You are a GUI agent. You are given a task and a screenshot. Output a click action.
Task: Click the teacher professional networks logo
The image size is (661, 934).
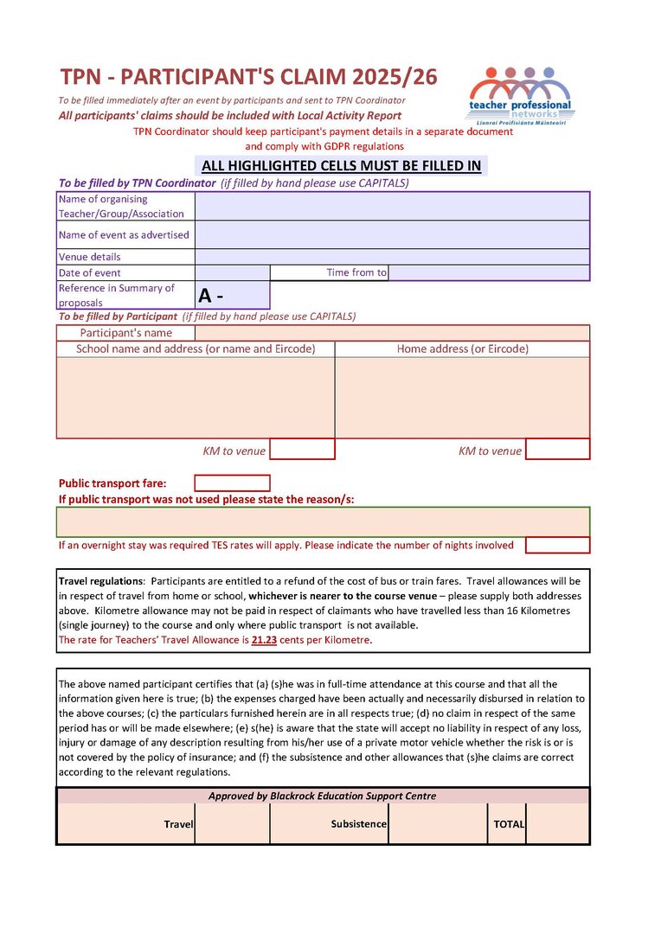pos(521,96)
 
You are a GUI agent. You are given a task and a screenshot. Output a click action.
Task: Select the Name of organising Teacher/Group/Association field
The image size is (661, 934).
pos(392,206)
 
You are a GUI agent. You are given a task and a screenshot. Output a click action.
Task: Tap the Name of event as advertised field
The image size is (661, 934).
pos(392,234)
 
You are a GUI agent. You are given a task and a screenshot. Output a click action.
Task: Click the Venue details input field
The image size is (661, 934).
pos(392,257)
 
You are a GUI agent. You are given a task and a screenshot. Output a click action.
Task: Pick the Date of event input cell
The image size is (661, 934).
pos(232,272)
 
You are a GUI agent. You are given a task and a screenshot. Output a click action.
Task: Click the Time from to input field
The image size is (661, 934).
pos(489,272)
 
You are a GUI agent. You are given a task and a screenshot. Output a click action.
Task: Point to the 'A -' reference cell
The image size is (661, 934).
pos(232,296)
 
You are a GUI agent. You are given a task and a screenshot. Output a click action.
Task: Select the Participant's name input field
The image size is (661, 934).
pos(392,333)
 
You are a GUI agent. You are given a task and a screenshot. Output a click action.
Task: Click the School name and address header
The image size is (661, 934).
pos(196,349)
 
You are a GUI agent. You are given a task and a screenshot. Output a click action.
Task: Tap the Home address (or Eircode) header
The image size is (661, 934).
pos(462,349)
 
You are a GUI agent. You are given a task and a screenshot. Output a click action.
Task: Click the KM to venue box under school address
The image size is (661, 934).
pos(302,450)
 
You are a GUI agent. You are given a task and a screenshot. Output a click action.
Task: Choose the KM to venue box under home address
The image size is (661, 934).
pos(557,450)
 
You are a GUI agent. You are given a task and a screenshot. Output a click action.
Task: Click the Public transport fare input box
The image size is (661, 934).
pos(232,483)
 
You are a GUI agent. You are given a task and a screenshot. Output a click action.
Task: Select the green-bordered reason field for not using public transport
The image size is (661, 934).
pos(323,522)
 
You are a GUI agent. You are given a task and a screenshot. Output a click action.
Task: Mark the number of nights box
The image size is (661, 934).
pos(557,545)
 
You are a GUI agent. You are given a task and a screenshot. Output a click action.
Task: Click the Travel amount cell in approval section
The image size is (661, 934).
pos(232,824)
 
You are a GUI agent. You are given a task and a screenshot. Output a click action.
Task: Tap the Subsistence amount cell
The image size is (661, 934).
pos(436,824)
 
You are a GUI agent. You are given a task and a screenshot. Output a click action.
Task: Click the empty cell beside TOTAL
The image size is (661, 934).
pos(557,824)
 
